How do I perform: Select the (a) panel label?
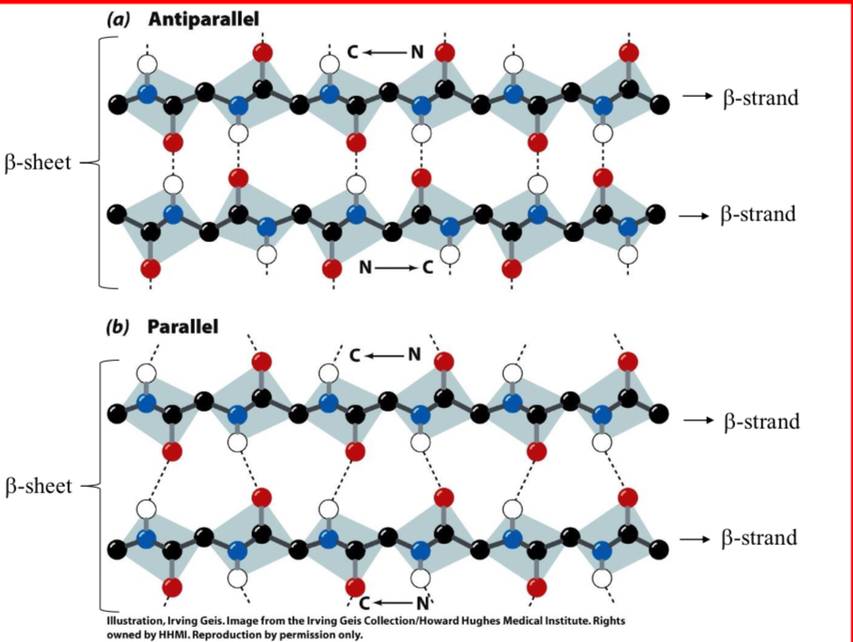121,19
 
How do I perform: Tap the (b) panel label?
120,326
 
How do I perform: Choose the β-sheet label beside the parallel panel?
39,486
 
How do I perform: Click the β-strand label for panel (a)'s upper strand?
761,98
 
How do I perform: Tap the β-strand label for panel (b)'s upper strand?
761,421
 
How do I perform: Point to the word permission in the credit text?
295,635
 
